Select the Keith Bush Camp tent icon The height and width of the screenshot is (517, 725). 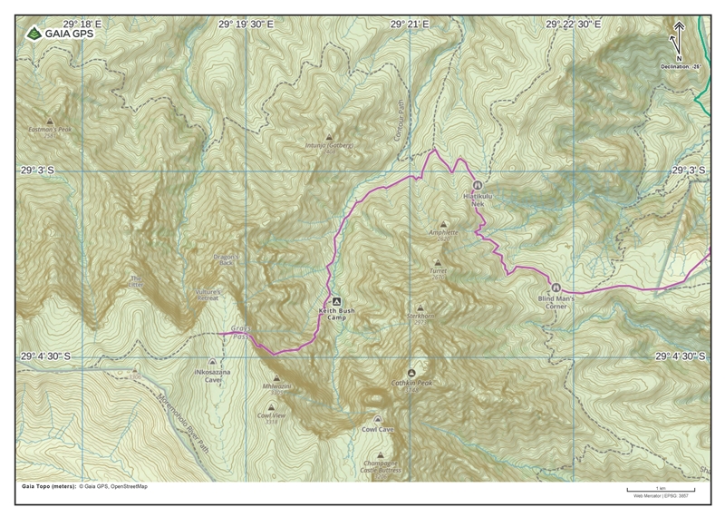pos(335,301)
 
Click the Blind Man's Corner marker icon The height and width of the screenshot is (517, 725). pos(556,288)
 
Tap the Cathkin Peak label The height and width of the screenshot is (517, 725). pos(412,384)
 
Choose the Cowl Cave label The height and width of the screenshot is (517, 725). pos(377,429)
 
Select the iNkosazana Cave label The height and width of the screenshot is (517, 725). pos(207,376)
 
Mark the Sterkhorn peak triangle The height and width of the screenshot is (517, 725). pos(420,307)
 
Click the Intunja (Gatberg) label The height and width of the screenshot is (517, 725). pos(329,145)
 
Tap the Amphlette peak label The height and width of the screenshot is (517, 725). pos(443,232)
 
